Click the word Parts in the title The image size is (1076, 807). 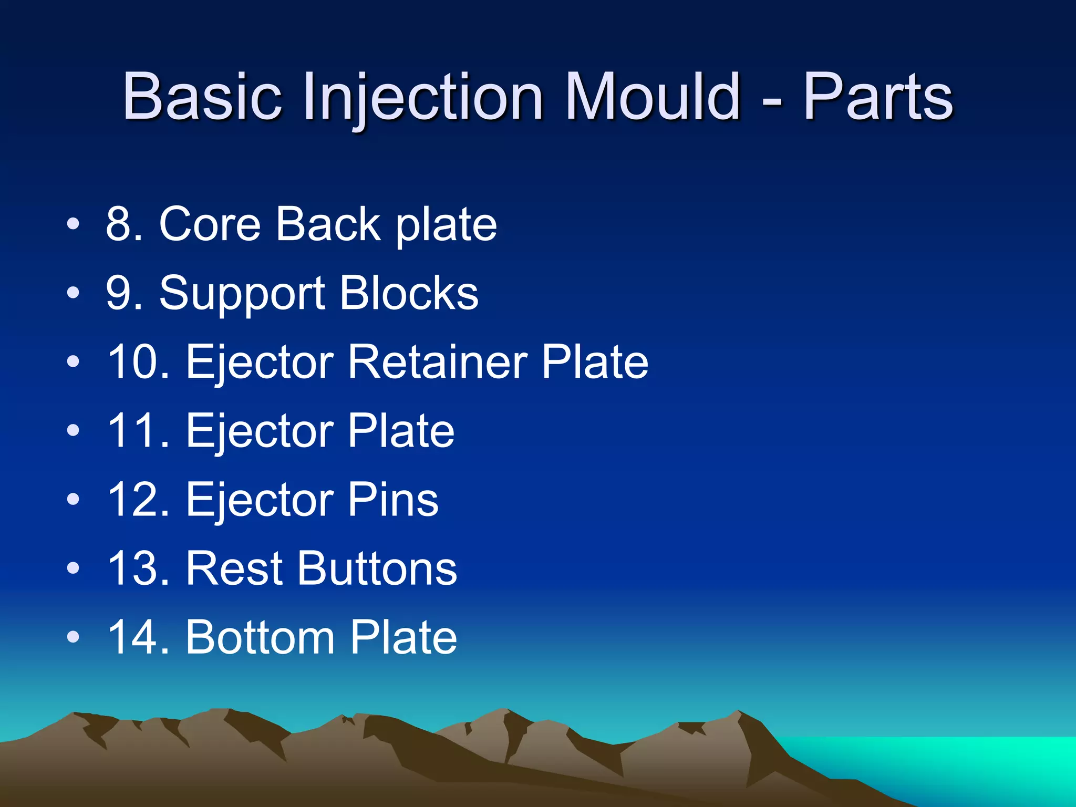click(877, 97)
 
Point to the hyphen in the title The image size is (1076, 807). click(771, 100)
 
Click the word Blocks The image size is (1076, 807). click(409, 293)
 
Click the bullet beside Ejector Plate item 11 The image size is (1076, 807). click(74, 431)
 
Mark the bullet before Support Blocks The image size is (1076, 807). click(74, 293)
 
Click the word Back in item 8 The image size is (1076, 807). click(328, 224)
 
